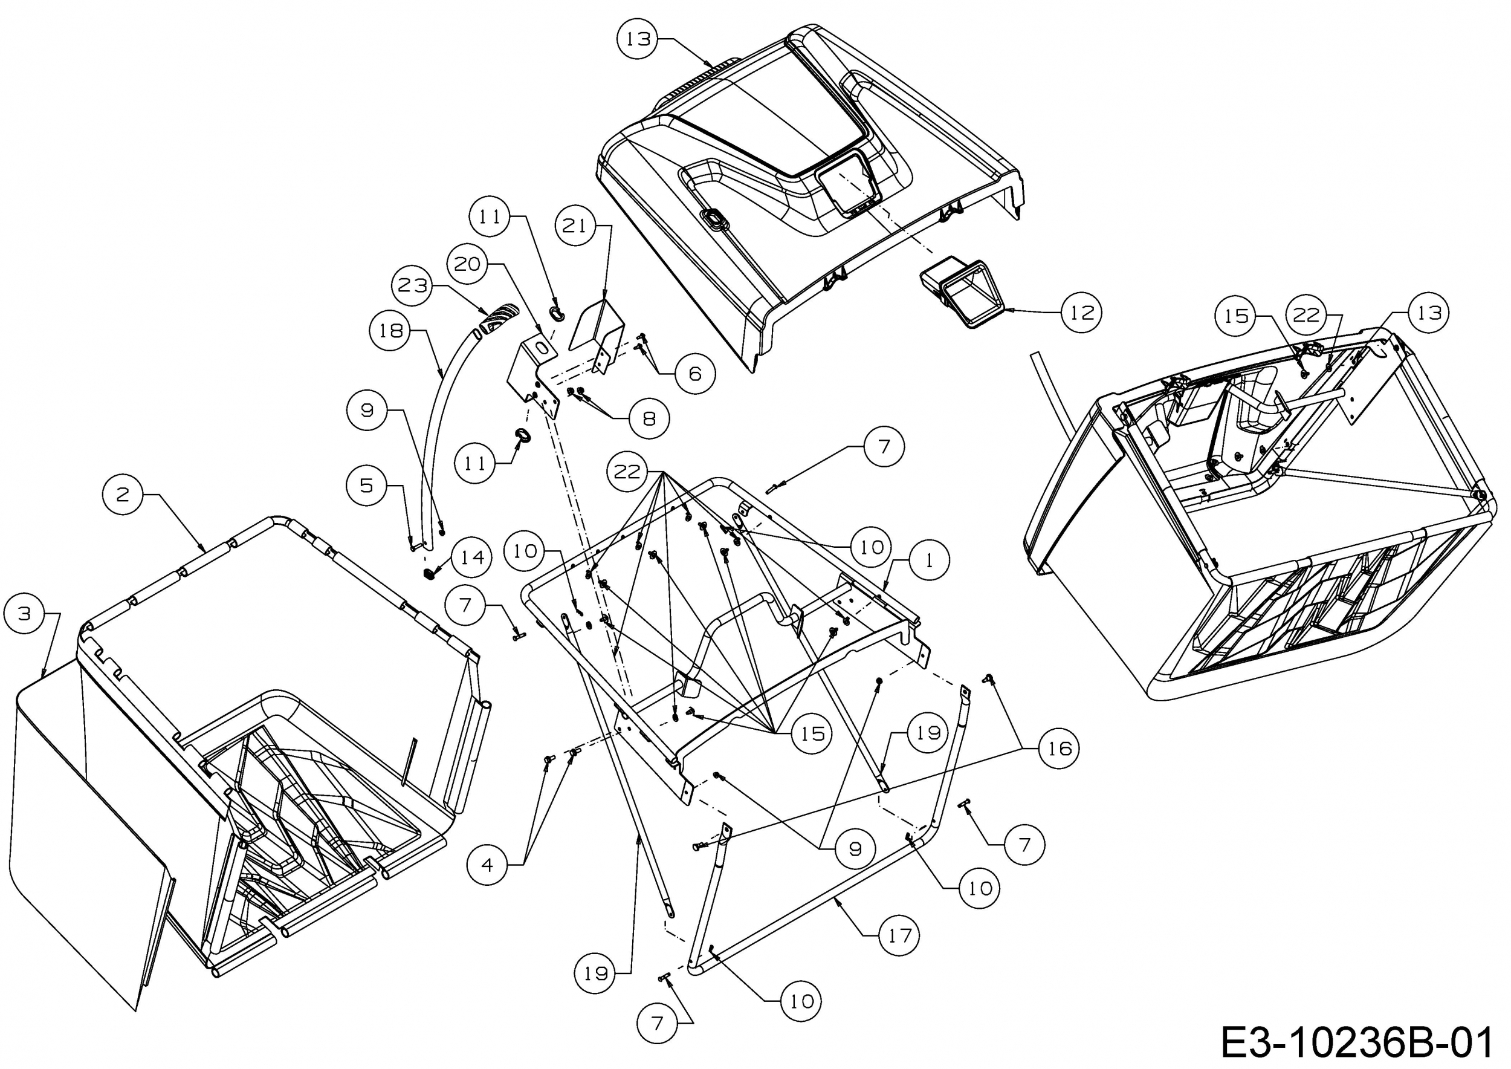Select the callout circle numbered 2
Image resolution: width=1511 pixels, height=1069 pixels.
(x=123, y=494)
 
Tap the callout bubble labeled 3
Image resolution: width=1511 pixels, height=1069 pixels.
(x=24, y=614)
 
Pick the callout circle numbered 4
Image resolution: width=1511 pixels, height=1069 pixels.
(x=487, y=865)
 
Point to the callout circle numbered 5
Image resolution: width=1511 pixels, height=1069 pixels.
(x=366, y=486)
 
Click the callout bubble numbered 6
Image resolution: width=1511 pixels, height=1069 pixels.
(x=695, y=374)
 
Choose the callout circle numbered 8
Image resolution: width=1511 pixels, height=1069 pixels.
(x=649, y=418)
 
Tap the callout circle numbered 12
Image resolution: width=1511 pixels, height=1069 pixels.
(x=1082, y=312)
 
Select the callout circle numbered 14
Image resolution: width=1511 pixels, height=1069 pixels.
(x=471, y=557)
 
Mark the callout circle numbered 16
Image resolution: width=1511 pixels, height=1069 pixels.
(x=1060, y=748)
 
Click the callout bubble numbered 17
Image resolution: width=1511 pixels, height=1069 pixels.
(x=899, y=935)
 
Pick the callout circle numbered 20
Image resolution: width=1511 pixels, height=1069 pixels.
(x=467, y=264)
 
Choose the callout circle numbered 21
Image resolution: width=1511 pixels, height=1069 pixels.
(x=575, y=226)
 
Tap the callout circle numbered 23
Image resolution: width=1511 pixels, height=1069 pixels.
(x=413, y=285)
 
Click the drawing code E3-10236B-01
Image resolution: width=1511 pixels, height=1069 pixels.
(x=1356, y=1042)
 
